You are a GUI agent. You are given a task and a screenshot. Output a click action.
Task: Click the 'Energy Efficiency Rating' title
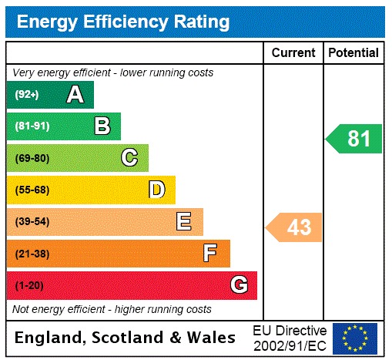tap(123, 22)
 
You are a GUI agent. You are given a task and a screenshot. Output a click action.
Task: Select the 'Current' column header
tap(293, 53)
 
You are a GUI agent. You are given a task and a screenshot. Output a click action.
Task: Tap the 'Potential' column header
tap(353, 53)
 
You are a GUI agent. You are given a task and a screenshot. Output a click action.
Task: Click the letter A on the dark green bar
tap(75, 95)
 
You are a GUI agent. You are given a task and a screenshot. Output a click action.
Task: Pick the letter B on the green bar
tap(102, 126)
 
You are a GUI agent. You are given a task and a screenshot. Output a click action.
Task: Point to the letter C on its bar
tap(129, 158)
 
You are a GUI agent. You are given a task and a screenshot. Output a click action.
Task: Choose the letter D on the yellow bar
tap(157, 190)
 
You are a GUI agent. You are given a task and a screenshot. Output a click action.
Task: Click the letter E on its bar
tap(184, 222)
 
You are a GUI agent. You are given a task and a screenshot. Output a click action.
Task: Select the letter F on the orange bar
tap(210, 254)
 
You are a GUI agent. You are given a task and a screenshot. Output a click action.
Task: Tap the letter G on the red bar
tap(239, 286)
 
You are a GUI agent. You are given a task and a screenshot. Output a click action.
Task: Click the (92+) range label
tap(27, 95)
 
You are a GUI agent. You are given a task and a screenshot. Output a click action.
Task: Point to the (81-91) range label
tap(32, 126)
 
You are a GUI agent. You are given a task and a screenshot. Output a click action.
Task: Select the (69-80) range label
tap(32, 158)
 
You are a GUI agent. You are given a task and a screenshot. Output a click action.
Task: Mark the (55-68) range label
tap(32, 190)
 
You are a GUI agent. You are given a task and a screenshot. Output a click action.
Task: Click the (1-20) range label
tap(29, 286)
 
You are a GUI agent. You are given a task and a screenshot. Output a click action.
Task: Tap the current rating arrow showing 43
tap(295, 227)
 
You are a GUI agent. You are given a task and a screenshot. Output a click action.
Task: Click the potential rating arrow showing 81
tap(355, 139)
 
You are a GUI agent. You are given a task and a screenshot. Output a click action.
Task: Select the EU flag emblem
tap(354, 338)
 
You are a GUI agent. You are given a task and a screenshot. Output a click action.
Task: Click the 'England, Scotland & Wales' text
tap(126, 338)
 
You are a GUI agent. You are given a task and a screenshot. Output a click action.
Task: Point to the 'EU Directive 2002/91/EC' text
tap(290, 338)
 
